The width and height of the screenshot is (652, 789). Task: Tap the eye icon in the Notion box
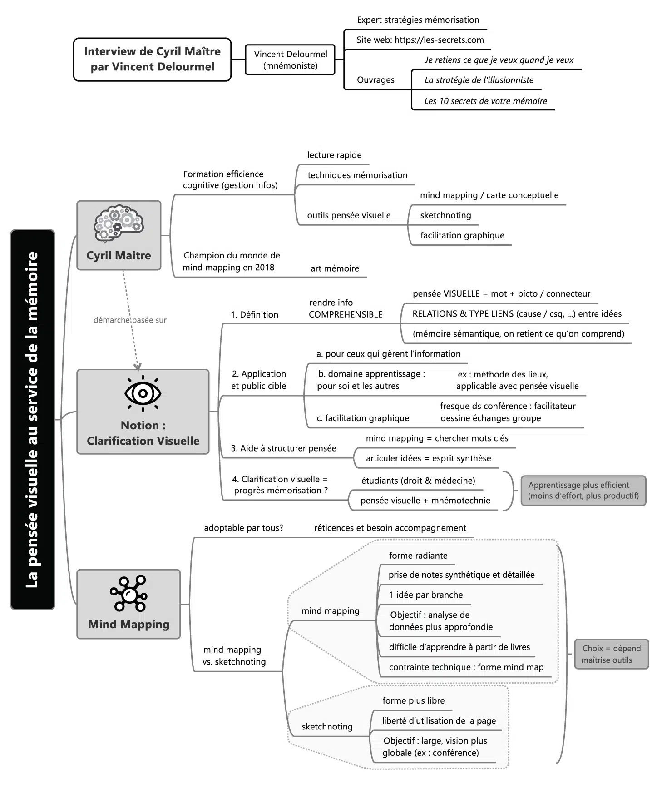coord(143,393)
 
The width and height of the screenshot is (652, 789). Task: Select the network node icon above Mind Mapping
coord(128,594)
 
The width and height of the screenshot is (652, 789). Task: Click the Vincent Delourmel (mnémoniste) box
coord(290,60)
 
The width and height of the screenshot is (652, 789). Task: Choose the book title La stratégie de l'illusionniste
coord(479,80)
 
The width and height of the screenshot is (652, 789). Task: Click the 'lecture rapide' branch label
coord(334,155)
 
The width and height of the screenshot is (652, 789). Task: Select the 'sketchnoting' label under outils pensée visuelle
coord(445,215)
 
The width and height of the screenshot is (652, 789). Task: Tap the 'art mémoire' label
coord(335,268)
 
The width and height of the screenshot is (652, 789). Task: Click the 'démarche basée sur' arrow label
coord(130,320)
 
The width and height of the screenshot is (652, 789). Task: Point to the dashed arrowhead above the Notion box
coord(138,366)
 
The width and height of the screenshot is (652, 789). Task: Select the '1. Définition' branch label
coord(254,314)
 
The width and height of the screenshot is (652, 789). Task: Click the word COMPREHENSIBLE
coord(346,314)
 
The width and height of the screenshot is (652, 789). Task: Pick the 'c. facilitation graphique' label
coord(363,418)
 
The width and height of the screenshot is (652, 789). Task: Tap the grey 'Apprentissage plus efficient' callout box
coord(583,491)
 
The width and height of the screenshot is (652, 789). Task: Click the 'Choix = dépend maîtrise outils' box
coord(611,654)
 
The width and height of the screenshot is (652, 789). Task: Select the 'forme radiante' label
coord(418,556)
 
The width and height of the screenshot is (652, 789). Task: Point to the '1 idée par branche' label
coord(426,595)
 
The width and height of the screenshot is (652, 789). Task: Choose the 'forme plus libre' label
coord(413,700)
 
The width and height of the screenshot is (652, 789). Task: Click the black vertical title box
coord(33,419)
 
